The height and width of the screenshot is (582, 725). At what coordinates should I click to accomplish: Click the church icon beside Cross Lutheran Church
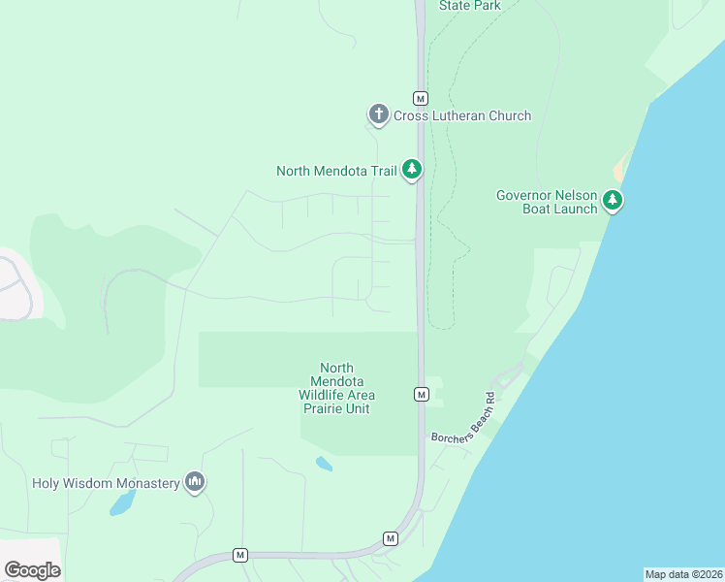tap(378, 115)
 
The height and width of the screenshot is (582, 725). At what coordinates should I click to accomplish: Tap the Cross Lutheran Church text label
tap(462, 115)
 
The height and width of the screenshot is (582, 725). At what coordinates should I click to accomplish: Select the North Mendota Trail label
tap(336, 171)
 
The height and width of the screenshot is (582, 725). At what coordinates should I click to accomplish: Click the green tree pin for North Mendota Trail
tap(412, 170)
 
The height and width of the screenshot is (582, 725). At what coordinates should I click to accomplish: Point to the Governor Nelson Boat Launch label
tap(547, 202)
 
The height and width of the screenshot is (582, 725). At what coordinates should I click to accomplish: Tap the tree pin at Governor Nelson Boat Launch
tap(612, 200)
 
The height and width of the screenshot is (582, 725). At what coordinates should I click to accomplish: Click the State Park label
tap(469, 6)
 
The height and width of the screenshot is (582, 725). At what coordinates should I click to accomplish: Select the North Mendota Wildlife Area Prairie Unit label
tap(336, 388)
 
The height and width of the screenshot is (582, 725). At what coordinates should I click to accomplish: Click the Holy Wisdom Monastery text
tap(107, 483)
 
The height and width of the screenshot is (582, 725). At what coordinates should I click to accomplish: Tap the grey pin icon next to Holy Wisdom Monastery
tap(195, 482)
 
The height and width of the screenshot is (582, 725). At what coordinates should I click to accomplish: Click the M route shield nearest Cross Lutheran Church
tap(421, 98)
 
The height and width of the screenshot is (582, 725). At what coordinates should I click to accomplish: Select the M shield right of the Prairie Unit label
tap(421, 394)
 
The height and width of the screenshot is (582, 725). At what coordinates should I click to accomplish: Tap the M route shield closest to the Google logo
tap(240, 555)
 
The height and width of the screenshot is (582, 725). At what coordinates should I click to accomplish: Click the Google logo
tap(32, 569)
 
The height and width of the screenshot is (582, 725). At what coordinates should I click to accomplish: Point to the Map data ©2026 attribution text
tap(683, 574)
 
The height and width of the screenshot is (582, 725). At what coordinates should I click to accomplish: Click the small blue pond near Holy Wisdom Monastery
tap(122, 502)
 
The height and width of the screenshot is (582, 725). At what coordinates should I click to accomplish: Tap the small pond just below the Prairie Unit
tap(324, 464)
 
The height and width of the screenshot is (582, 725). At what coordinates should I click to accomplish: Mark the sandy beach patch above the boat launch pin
tap(618, 171)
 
